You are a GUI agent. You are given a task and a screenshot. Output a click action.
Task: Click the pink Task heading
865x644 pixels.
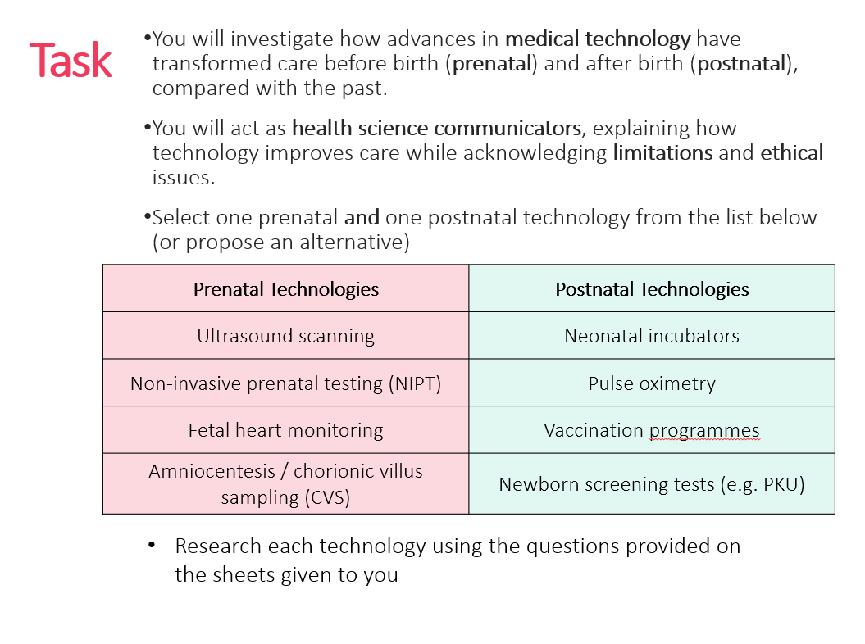pyautogui.click(x=71, y=61)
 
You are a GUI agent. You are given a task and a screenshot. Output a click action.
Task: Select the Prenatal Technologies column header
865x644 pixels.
pyautogui.click(x=285, y=288)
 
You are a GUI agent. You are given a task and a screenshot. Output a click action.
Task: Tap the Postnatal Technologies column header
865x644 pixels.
pyautogui.click(x=652, y=288)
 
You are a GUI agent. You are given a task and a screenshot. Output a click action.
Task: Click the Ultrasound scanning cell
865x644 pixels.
pyautogui.click(x=285, y=336)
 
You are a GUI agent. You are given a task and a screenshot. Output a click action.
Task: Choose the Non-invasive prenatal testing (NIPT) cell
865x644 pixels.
pyautogui.click(x=285, y=383)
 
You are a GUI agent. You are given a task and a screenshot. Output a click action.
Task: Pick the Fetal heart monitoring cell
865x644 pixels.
pyautogui.click(x=285, y=430)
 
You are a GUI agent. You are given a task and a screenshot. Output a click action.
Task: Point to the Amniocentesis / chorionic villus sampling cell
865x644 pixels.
pyautogui.click(x=285, y=484)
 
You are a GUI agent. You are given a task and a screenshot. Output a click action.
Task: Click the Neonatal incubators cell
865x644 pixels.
pyautogui.click(x=652, y=336)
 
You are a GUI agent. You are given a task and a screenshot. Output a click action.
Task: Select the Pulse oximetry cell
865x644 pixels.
pyautogui.click(x=652, y=383)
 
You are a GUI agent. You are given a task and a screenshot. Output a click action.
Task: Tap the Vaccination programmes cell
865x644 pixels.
pyautogui.click(x=652, y=430)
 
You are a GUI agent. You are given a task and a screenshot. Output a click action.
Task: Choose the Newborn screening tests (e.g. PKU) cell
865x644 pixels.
pyautogui.click(x=652, y=484)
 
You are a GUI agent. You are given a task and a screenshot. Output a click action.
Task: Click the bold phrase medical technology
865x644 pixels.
pyautogui.click(x=598, y=39)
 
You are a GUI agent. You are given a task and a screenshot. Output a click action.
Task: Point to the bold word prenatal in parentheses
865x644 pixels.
pyautogui.click(x=492, y=64)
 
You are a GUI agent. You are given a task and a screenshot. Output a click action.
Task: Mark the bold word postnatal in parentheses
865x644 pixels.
pyautogui.click(x=741, y=64)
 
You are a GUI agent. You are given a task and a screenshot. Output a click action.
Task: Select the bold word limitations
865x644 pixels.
pyautogui.click(x=662, y=152)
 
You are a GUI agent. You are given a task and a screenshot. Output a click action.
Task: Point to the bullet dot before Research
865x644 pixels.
pyautogui.click(x=152, y=546)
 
